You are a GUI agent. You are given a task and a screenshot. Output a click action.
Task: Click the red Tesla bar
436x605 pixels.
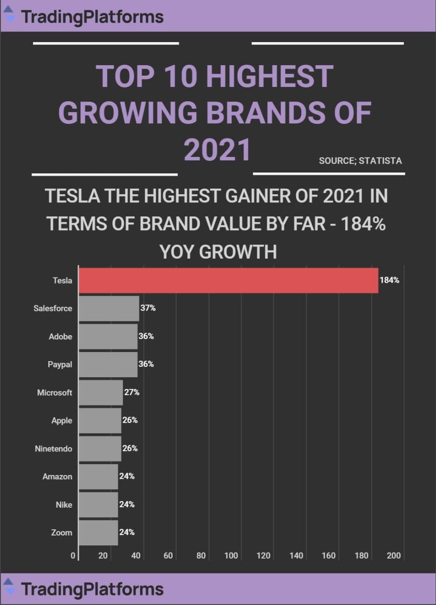click(228, 280)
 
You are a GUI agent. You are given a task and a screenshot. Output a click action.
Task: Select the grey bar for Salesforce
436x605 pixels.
click(109, 309)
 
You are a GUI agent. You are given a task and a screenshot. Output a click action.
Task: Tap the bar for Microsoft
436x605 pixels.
click(101, 393)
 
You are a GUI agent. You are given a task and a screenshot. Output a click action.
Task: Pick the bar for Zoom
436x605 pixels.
click(98, 533)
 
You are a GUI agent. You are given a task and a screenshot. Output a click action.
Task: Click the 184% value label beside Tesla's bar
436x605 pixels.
click(389, 280)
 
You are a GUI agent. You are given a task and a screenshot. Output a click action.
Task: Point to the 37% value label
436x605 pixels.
click(148, 309)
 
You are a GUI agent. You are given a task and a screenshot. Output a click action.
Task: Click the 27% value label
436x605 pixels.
click(131, 392)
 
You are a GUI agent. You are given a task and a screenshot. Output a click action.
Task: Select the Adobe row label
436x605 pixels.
click(61, 337)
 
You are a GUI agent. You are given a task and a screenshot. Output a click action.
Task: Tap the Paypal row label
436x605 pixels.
click(60, 364)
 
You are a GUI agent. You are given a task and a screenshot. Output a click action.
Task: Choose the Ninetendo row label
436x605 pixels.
click(53, 449)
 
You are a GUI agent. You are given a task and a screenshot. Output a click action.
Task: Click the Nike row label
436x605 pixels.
click(64, 505)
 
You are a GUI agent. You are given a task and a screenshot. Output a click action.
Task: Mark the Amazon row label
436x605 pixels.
click(57, 476)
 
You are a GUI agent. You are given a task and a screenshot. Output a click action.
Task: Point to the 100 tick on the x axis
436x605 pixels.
click(231, 556)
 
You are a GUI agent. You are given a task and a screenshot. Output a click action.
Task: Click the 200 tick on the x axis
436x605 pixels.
click(393, 556)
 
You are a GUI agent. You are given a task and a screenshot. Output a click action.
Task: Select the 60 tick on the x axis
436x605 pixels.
click(168, 556)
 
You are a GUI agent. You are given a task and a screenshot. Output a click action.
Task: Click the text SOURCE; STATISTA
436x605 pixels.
click(360, 161)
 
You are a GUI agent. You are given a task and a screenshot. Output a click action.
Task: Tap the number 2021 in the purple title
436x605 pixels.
click(217, 150)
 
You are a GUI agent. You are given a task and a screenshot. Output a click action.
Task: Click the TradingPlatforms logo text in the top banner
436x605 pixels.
click(93, 17)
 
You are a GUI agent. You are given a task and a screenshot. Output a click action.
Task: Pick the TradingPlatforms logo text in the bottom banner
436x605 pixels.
click(93, 589)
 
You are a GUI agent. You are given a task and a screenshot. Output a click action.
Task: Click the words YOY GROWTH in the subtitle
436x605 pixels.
click(218, 252)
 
